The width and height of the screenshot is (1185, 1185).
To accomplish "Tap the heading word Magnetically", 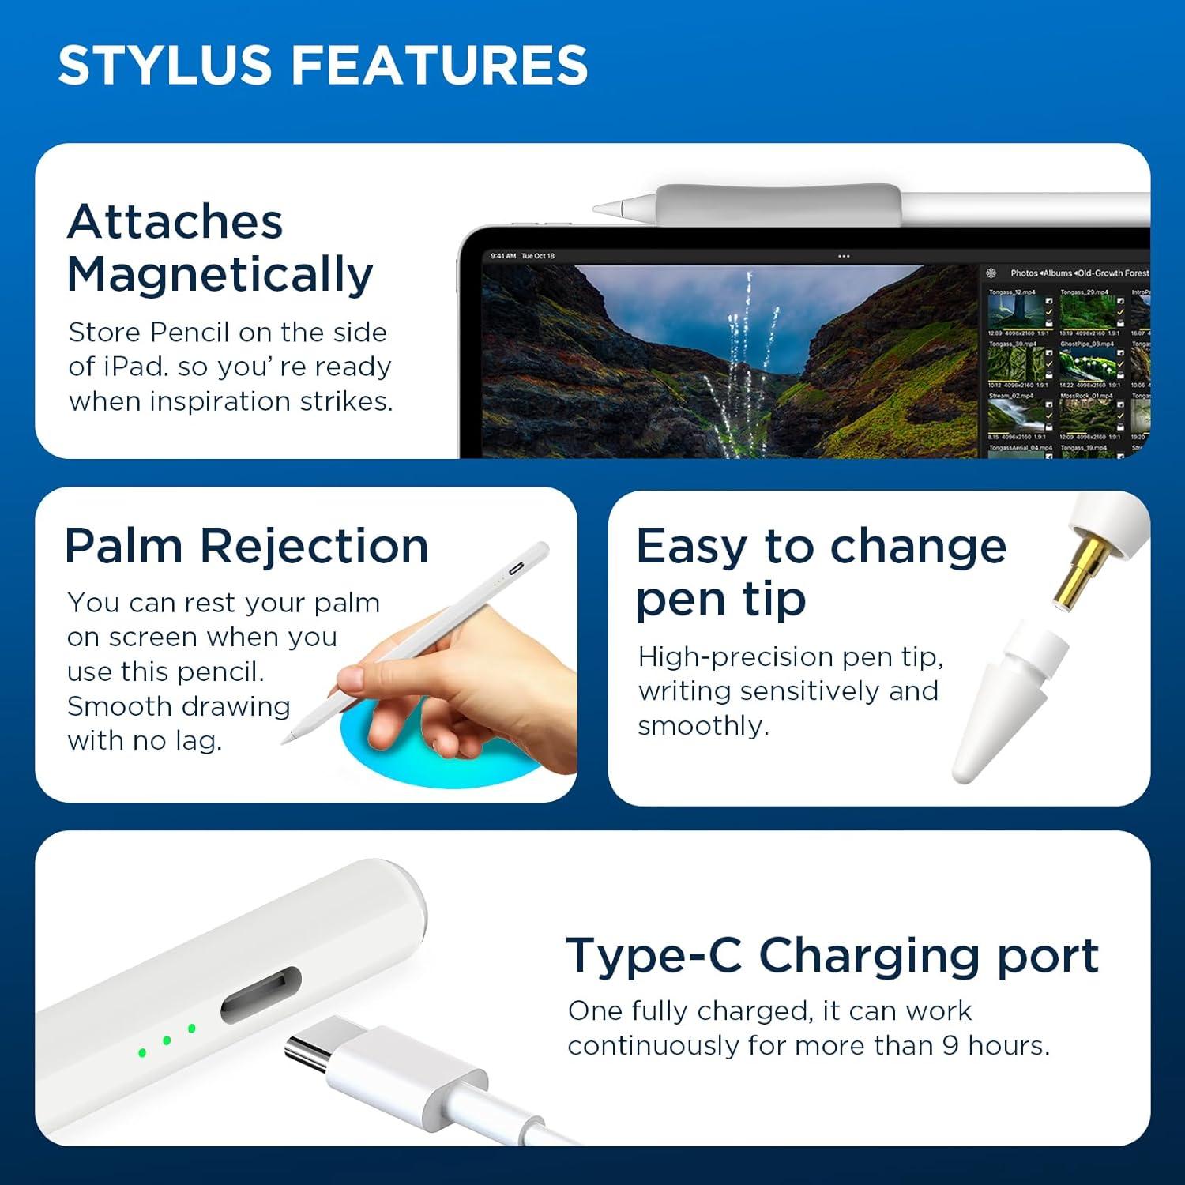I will [x=220, y=275].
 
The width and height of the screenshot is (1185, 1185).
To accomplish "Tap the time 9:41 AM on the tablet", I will [x=503, y=256].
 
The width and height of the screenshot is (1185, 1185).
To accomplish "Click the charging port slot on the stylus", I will [x=261, y=995].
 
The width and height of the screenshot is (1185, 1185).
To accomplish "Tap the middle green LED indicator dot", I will [x=167, y=1040].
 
